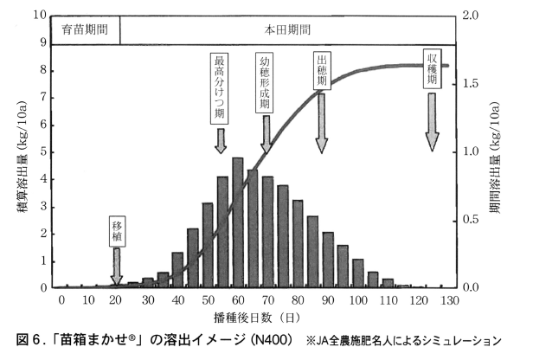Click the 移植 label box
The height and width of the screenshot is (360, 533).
tap(118, 231)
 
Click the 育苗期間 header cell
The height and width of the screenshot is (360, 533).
tap(85, 29)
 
